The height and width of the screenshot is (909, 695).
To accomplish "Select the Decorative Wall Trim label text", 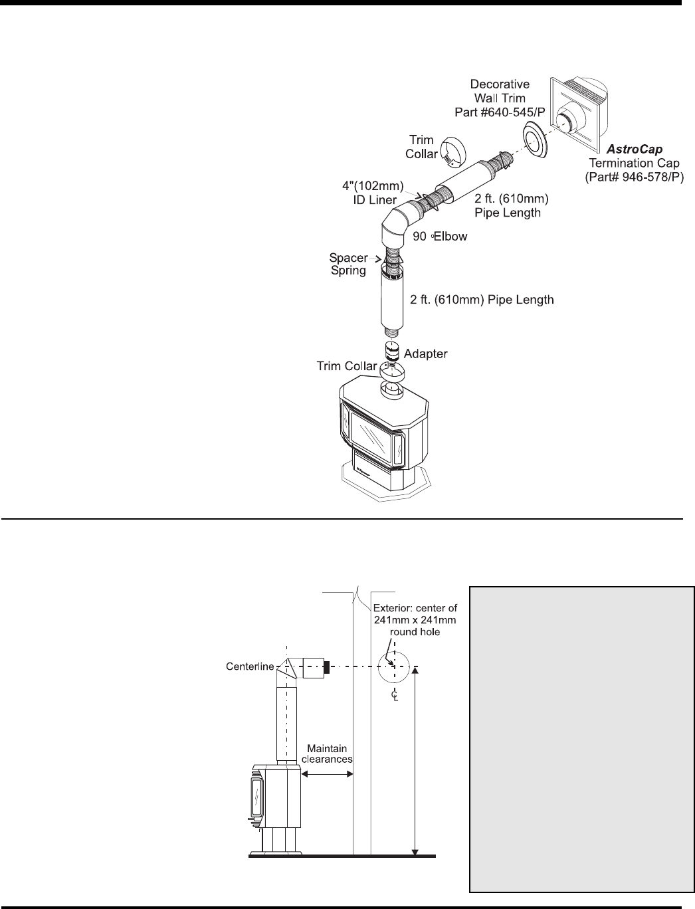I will (500, 98).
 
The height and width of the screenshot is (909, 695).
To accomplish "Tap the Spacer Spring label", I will (348, 264).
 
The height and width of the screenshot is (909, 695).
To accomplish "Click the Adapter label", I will (425, 353).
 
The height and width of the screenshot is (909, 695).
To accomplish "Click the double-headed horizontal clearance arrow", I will (327, 773).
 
